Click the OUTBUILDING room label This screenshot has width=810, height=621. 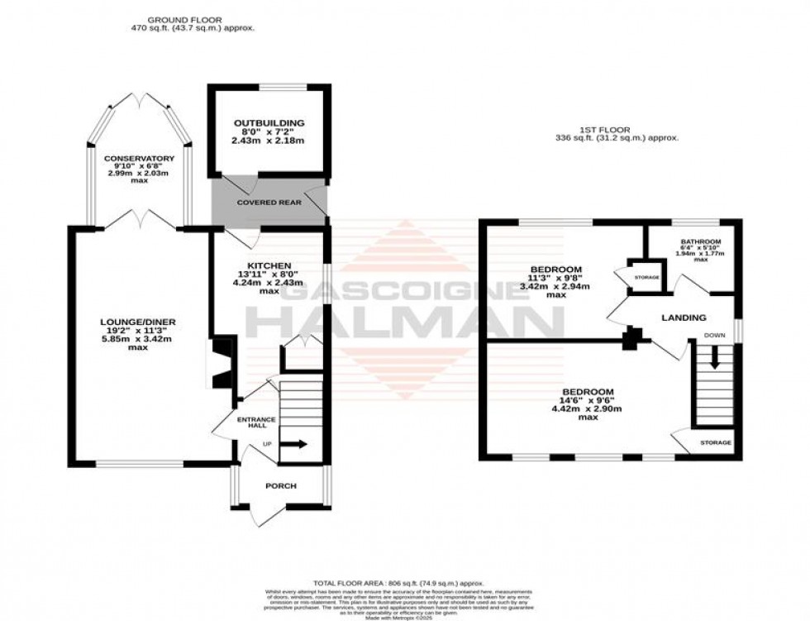point(262,123)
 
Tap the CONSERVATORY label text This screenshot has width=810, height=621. point(139,158)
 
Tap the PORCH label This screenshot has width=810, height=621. point(280,485)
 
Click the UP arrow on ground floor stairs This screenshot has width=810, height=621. point(293,444)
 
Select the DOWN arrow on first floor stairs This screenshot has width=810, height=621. point(715,361)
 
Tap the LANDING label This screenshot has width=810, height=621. point(684,318)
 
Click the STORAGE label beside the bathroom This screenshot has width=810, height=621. point(647,277)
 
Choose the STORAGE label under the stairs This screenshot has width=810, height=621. point(716,443)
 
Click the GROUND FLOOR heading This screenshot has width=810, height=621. point(192,19)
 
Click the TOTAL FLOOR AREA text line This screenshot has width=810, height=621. point(404,583)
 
